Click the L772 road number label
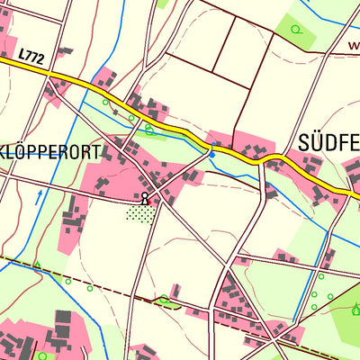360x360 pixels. [31, 57]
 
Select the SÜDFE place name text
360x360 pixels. [327, 141]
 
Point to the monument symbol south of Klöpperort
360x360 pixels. [144, 196]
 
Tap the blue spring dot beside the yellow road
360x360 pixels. [211, 155]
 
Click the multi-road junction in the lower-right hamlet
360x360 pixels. [266, 322]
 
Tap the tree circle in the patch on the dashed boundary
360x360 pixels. [164, 300]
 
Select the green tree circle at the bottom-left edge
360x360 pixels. [41, 355]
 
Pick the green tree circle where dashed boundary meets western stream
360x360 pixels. [37, 265]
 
